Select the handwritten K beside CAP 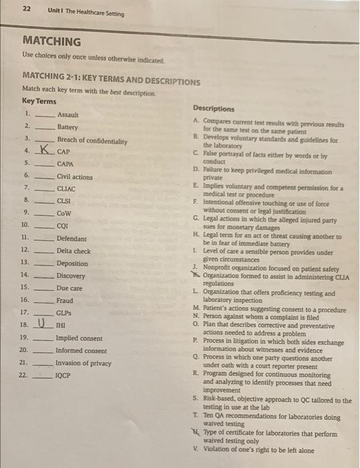(44, 150)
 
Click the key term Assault (68, 115)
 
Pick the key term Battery (67, 127)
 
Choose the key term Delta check (74, 250)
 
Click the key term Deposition (72, 263)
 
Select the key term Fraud (65, 300)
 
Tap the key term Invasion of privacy (83, 362)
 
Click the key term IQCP (64, 375)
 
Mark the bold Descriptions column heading (213, 108)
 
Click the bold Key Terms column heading (39, 101)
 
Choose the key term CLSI (64, 200)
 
